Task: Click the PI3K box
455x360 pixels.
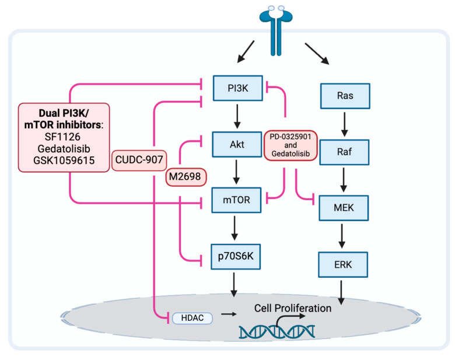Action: pyautogui.click(x=238, y=88)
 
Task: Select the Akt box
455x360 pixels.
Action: pyautogui.click(x=237, y=145)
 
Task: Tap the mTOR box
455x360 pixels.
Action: pyautogui.click(x=236, y=200)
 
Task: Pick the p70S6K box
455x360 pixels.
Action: pyautogui.click(x=236, y=256)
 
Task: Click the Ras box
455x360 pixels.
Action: pyautogui.click(x=345, y=96)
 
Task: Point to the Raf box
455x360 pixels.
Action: pyautogui.click(x=344, y=152)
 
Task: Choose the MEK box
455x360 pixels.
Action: pyautogui.click(x=344, y=208)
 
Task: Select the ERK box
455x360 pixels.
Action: pyautogui.click(x=343, y=264)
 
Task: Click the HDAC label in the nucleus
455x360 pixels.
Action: pyautogui.click(x=192, y=318)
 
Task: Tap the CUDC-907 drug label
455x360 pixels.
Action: pyautogui.click(x=139, y=160)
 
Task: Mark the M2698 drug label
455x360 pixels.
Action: pyautogui.click(x=185, y=177)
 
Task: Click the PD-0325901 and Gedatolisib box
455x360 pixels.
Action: pyautogui.click(x=290, y=145)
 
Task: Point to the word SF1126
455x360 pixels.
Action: pyautogui.click(x=62, y=137)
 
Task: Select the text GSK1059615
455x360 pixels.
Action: pyautogui.click(x=64, y=160)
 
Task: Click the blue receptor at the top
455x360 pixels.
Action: pyautogui.click(x=276, y=31)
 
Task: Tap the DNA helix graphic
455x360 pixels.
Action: pyautogui.click(x=276, y=332)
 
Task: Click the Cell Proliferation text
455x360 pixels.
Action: pyautogui.click(x=293, y=308)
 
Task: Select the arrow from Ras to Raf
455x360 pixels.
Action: pyautogui.click(x=344, y=124)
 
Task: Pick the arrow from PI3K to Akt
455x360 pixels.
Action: pyautogui.click(x=237, y=117)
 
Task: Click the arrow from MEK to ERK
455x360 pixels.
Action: pyautogui.click(x=342, y=236)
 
